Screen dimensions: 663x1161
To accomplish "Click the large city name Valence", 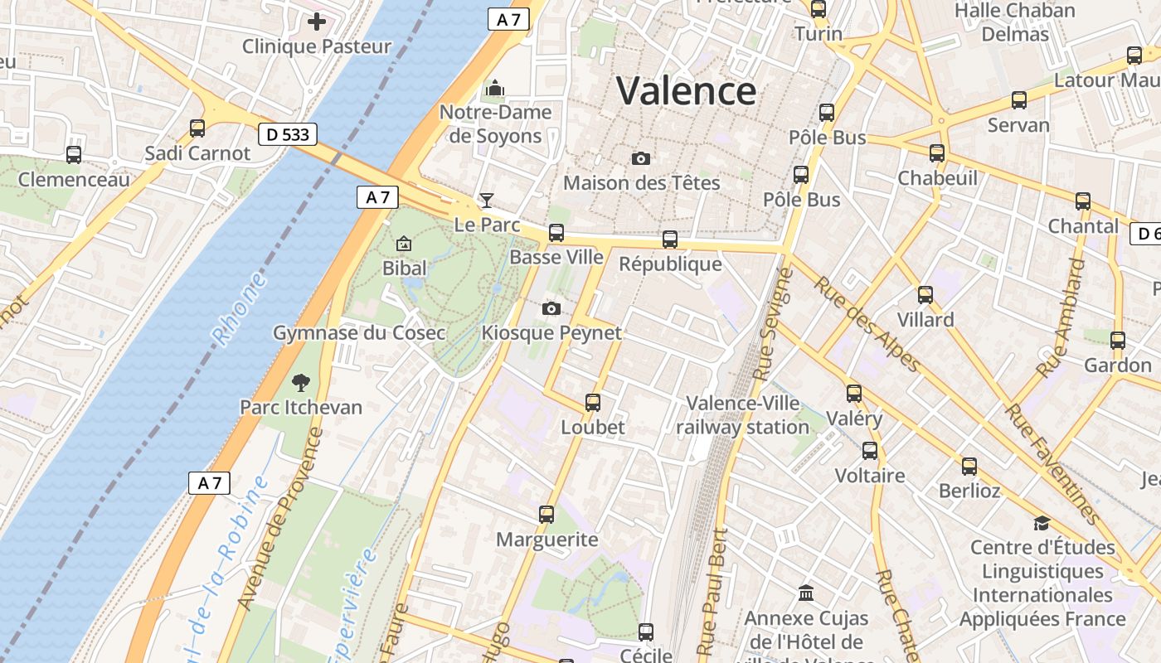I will [x=686, y=90].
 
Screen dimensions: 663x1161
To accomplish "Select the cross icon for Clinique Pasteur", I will [x=316, y=22].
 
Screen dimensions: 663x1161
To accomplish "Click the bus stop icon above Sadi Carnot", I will [x=197, y=128].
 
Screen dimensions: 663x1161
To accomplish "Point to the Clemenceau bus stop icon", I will [x=74, y=154].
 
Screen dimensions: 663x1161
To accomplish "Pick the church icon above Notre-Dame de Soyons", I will [x=495, y=88].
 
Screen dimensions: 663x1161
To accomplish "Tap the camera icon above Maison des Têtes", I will [x=641, y=158].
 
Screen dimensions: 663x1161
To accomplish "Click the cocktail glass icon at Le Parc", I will [x=487, y=200].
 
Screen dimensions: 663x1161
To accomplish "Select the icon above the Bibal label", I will [x=404, y=244].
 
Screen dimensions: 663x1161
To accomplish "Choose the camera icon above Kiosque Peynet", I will [x=551, y=309].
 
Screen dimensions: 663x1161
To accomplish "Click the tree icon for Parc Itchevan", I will [x=300, y=382].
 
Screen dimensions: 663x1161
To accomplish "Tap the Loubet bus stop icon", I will [x=592, y=403].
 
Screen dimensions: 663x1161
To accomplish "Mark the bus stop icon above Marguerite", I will [x=546, y=515].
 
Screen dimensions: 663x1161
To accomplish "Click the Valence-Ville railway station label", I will [x=743, y=415].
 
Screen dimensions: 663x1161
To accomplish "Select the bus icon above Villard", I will [x=925, y=294].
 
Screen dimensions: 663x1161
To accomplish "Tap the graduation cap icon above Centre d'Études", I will [x=1042, y=523].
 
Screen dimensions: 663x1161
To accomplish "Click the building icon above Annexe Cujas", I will [x=806, y=593].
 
